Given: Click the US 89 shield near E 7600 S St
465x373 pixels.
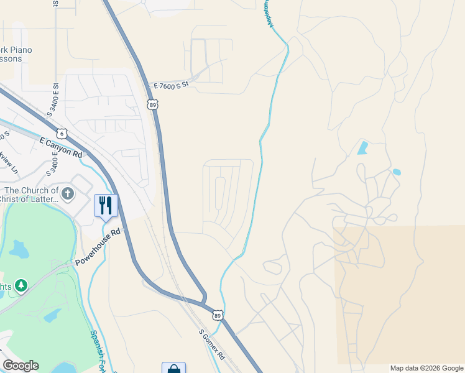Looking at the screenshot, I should pos(153,104).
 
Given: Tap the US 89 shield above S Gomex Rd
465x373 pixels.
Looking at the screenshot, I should pos(218,315).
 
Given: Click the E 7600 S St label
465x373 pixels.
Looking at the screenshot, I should pos(171,86).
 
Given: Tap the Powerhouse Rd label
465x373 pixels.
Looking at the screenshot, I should pos(98,247).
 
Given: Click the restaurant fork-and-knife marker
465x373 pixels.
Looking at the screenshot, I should pos(106,206).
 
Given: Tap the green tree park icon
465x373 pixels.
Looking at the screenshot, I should pos(21,285).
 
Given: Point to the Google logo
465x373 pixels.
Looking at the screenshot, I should pos(21,366).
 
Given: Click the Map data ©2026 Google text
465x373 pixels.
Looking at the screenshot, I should pos(426,368).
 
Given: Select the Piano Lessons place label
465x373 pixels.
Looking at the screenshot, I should pos(16,54).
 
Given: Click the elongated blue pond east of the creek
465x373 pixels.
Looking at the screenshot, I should pos(362,148).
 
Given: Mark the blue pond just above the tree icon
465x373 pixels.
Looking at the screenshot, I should pos(18,249).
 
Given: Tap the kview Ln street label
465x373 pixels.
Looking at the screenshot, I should pos(9,162).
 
